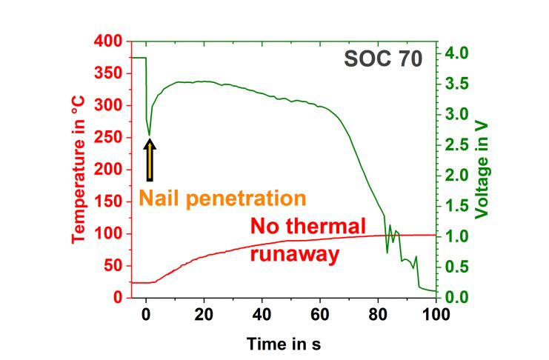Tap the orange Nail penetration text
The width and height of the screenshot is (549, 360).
click(x=222, y=199)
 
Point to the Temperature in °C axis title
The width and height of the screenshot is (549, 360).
click(x=79, y=169)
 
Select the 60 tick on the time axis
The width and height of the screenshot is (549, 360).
click(x=320, y=313)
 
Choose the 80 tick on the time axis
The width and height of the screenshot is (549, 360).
click(x=378, y=313)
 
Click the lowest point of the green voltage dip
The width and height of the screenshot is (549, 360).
click(x=150, y=136)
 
